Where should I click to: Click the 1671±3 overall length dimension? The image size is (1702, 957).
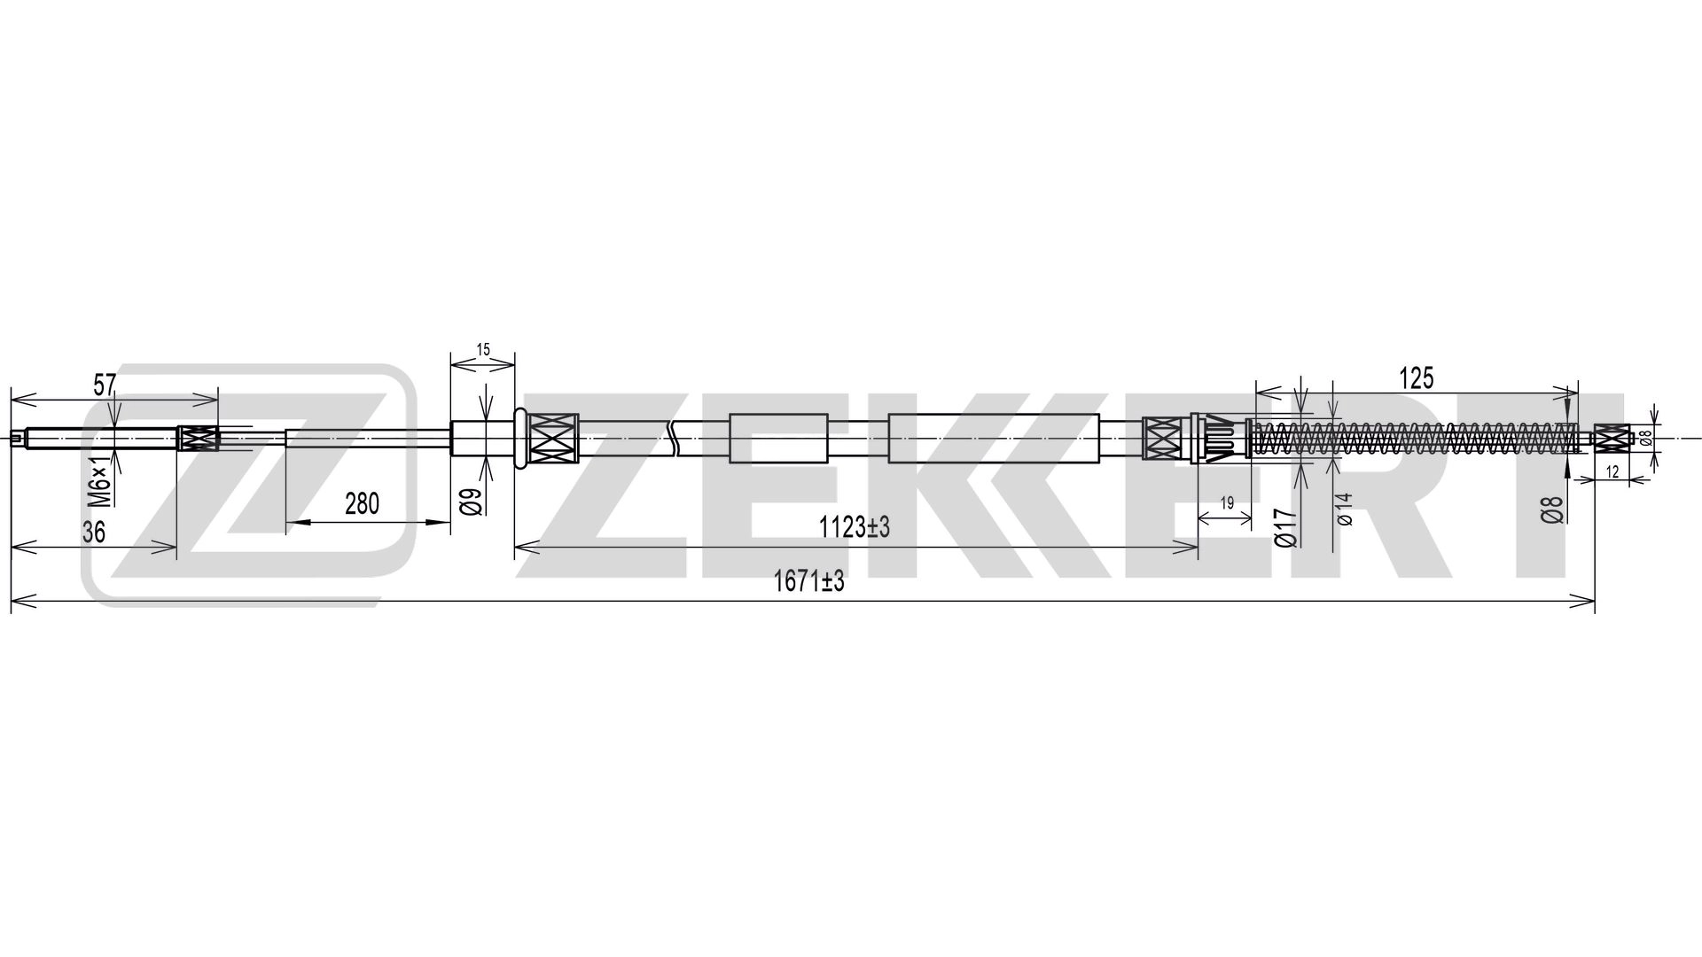point(808,582)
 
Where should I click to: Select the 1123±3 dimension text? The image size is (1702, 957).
point(853,528)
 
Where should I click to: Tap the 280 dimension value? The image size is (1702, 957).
point(362,504)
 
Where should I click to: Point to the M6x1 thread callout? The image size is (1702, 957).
point(104,479)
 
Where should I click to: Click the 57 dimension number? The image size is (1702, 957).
point(105,385)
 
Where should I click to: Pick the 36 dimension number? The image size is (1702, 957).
point(94,533)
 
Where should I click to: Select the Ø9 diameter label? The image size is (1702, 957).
point(472,502)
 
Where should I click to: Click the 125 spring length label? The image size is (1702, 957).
point(1416,379)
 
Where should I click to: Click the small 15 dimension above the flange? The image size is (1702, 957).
point(483,349)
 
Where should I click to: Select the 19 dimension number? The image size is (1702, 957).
point(1227,502)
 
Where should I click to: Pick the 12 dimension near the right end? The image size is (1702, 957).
point(1612,473)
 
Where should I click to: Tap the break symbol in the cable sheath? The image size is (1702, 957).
point(675,438)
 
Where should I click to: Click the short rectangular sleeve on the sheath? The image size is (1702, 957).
point(777,438)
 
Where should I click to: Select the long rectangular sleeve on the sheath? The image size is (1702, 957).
point(993,438)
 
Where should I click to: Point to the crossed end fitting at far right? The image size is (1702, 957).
point(1613,437)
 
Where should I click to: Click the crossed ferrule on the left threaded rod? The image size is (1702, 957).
point(199,439)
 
